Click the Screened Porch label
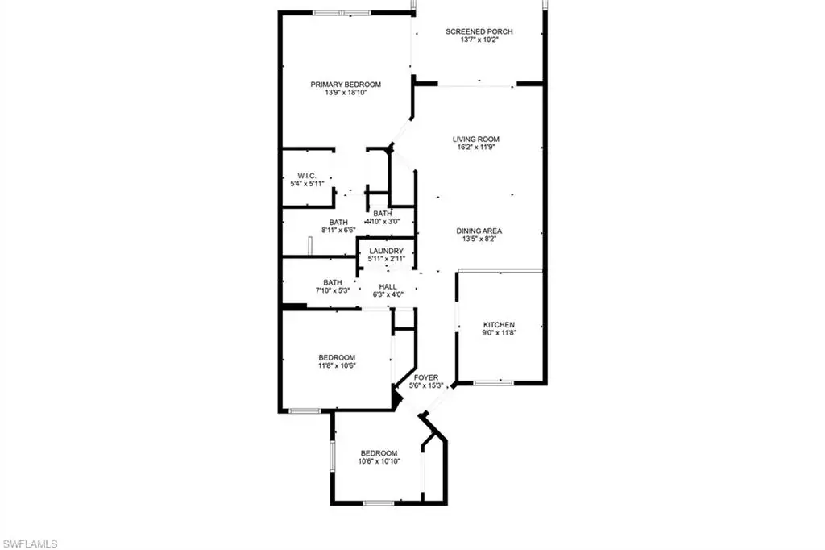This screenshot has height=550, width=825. pyautogui.click(x=479, y=31)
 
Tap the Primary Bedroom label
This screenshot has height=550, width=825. pyautogui.click(x=346, y=85)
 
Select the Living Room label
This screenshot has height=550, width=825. pyautogui.click(x=476, y=139)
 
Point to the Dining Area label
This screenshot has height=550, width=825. pyautogui.click(x=479, y=231)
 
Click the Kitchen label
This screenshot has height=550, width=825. pyautogui.click(x=499, y=325)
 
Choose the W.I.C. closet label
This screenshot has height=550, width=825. pyautogui.click(x=307, y=176)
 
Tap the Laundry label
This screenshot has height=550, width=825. pyautogui.click(x=386, y=252)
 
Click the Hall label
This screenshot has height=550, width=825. pyautogui.click(x=388, y=286)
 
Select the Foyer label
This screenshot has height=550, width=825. pyautogui.click(x=426, y=377)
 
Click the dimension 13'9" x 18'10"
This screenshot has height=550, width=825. pyautogui.click(x=346, y=93)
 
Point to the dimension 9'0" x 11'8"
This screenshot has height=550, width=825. pyautogui.click(x=499, y=333)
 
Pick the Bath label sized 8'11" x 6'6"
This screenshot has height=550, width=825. pyautogui.click(x=338, y=223)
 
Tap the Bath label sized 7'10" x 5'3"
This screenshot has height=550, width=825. pyautogui.click(x=333, y=282)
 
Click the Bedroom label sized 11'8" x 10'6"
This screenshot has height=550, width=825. pyautogui.click(x=337, y=358)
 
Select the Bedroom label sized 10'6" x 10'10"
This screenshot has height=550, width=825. pyautogui.click(x=379, y=453)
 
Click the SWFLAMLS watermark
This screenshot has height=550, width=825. pyautogui.click(x=30, y=544)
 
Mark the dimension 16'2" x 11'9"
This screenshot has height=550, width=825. pyautogui.click(x=476, y=148)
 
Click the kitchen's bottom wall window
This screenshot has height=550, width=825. pyautogui.click(x=493, y=383)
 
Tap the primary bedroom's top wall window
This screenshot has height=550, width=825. pyautogui.click(x=342, y=13)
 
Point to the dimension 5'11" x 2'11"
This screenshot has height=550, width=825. pyautogui.click(x=386, y=259)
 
